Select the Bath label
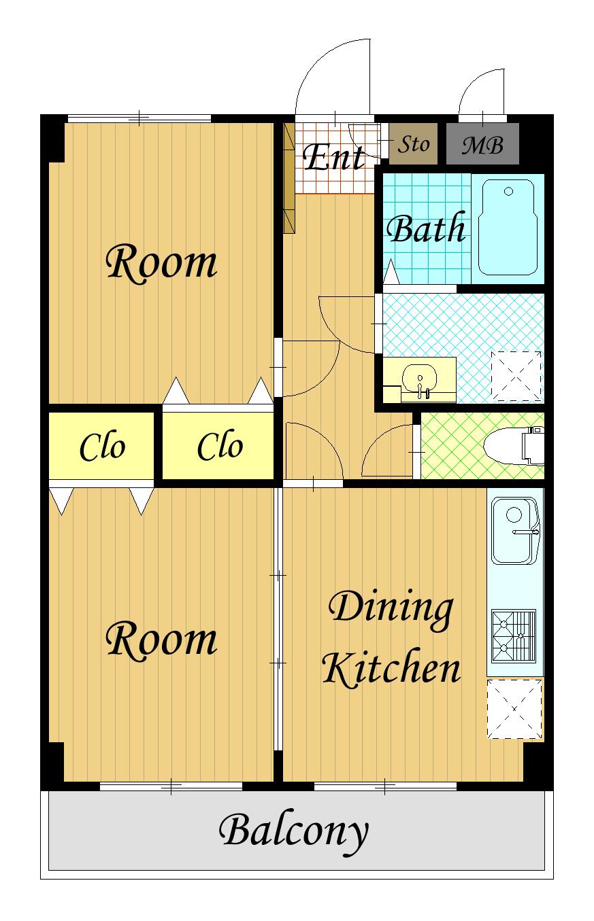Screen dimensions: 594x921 tap(426, 228)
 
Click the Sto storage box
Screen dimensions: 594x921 tap(413, 144)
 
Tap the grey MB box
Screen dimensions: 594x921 tap(482, 144)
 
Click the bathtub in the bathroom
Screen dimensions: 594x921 tap(508, 227)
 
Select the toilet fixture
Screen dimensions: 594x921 tap(514, 446)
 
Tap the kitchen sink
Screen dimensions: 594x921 tap(515, 530)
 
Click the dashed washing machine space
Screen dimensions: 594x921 tap(516, 376)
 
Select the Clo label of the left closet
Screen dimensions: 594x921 tap(102, 446)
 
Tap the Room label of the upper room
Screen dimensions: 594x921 tap(161, 263)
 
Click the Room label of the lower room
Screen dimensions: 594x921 tap(161, 640)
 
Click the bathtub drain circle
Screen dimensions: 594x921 tap(508, 191)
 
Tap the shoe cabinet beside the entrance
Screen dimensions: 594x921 tap(289, 178)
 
